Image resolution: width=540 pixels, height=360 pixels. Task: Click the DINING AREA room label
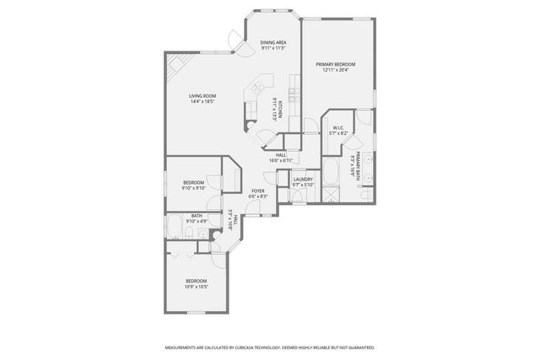[x=273, y=42]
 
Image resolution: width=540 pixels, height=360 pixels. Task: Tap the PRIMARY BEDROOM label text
[x=336, y=64]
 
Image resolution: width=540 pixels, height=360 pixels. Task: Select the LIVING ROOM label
[x=202, y=96]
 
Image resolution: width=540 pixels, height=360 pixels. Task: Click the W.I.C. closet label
[x=337, y=128]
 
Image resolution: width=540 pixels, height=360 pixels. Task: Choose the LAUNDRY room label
[x=303, y=179]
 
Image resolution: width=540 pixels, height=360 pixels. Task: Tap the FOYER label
[x=258, y=191]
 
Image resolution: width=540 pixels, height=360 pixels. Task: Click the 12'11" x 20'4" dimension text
[x=336, y=70]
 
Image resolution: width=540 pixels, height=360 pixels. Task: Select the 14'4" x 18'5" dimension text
[x=202, y=102]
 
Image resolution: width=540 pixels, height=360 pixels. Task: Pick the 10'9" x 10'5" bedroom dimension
[x=196, y=287]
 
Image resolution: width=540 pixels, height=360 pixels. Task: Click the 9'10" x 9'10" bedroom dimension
[x=195, y=188]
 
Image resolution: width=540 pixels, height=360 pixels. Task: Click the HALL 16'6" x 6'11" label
[x=280, y=157]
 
